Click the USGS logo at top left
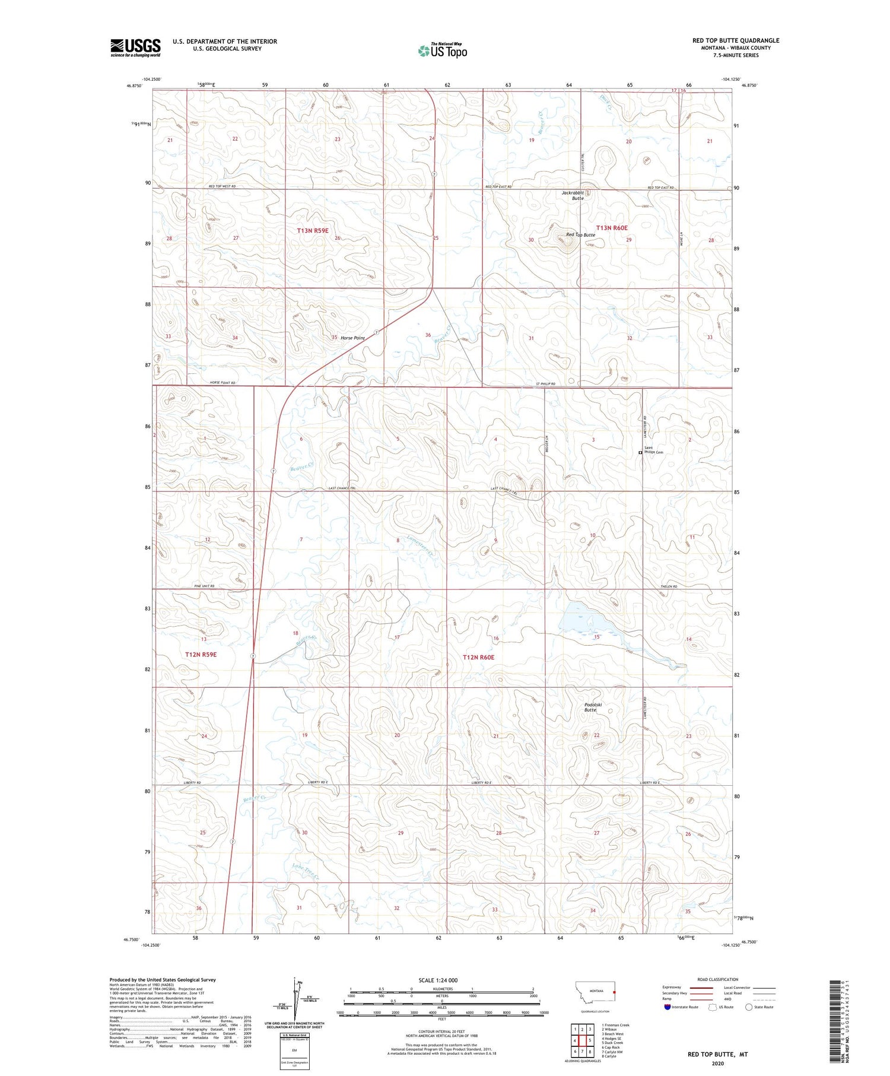pyautogui.click(x=135, y=47)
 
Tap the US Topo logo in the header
pyautogui.click(x=443, y=50)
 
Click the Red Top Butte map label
pyautogui.click(x=580, y=235)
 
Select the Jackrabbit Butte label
pyautogui.click(x=573, y=195)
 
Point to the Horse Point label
pyautogui.click(x=352, y=338)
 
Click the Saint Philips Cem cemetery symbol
pyautogui.click(x=640, y=452)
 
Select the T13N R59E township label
pyautogui.click(x=313, y=230)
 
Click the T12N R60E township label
pyautogui.click(x=478, y=657)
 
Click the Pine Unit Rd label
pyautogui.click(x=204, y=586)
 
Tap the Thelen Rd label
pyautogui.click(x=669, y=586)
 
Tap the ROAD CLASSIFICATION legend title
pyautogui.click(x=718, y=979)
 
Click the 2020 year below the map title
pyautogui.click(x=717, y=1063)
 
